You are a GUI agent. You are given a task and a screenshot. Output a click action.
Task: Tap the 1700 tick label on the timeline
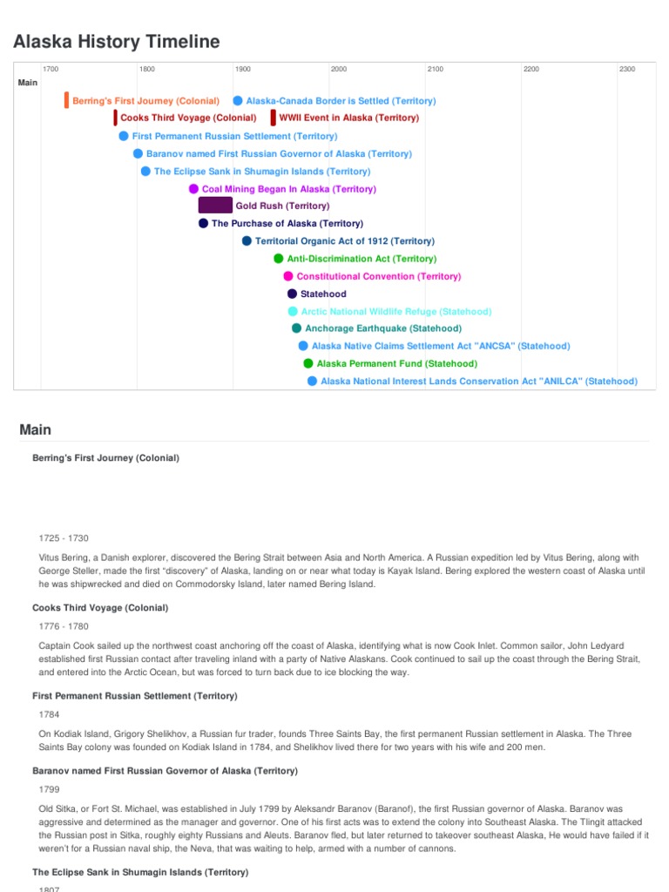51,69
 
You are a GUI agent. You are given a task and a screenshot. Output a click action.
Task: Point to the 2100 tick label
434,69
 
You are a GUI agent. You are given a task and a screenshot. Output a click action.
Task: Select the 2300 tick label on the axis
626,69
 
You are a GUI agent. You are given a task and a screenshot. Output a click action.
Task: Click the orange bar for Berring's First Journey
66,100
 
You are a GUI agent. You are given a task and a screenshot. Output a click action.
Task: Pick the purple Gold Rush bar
215,206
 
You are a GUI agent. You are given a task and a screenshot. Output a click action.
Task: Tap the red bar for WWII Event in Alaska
273,118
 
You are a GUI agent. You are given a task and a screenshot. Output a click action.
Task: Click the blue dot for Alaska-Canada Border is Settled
238,101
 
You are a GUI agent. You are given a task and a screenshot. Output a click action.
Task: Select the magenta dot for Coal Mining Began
193,188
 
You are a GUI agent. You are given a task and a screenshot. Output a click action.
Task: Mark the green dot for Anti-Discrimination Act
279,259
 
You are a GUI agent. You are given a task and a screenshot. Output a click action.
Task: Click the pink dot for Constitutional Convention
288,276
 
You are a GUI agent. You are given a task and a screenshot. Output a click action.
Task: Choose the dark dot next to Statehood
292,294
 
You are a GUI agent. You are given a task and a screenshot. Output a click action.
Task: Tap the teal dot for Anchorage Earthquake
297,328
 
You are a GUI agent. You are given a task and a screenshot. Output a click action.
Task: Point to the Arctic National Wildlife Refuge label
395,311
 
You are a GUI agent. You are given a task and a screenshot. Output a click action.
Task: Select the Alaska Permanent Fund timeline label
396,363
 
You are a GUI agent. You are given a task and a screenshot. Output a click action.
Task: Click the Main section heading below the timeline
36,429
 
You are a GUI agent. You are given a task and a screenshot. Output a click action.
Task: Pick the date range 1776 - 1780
64,626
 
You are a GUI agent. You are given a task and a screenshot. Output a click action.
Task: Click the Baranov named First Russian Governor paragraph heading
165,771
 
